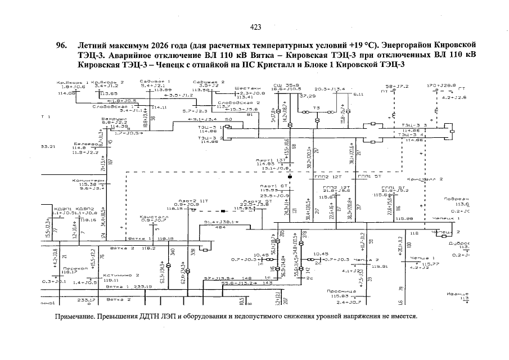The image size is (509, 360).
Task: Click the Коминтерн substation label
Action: (88, 181)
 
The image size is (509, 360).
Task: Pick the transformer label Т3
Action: (317, 107)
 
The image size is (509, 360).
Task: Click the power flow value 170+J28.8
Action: (441, 85)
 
